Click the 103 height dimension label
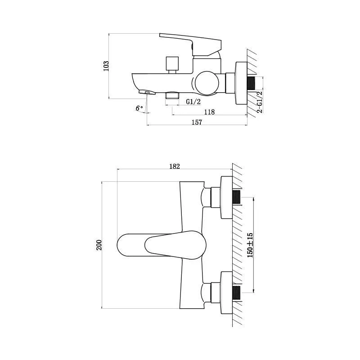(106, 66)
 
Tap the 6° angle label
(139, 108)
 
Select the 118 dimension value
(209, 112)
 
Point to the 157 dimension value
(197, 122)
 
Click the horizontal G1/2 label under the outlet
(193, 102)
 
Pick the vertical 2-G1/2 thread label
(260, 102)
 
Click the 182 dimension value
(175, 166)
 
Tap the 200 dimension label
(99, 245)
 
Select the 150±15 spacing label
(250, 245)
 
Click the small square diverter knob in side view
(172, 63)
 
